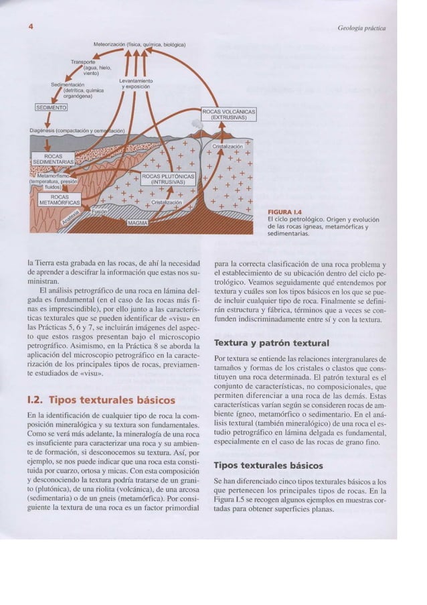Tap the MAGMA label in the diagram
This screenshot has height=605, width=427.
click(137, 228)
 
